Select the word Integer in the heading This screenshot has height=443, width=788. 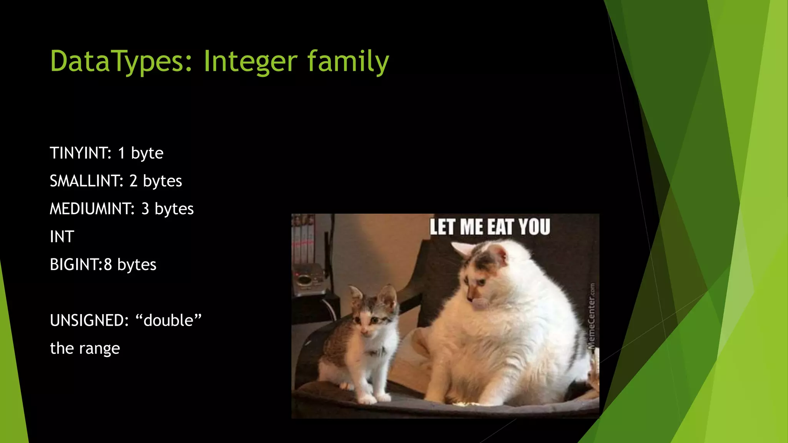250,62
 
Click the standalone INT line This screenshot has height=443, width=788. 62,237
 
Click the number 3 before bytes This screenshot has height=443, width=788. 145,209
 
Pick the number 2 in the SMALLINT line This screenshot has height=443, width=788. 133,181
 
